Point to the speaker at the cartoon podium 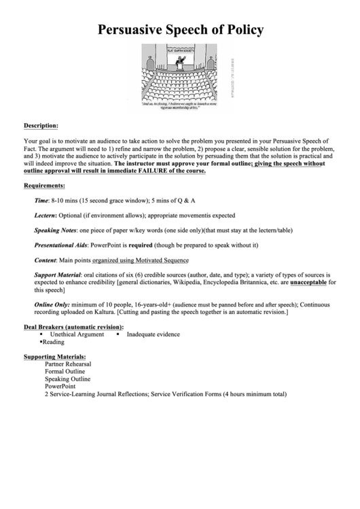(x=181, y=61)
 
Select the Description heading (x=41, y=125)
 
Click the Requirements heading (x=44, y=186)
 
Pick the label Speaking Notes (x=56, y=231)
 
